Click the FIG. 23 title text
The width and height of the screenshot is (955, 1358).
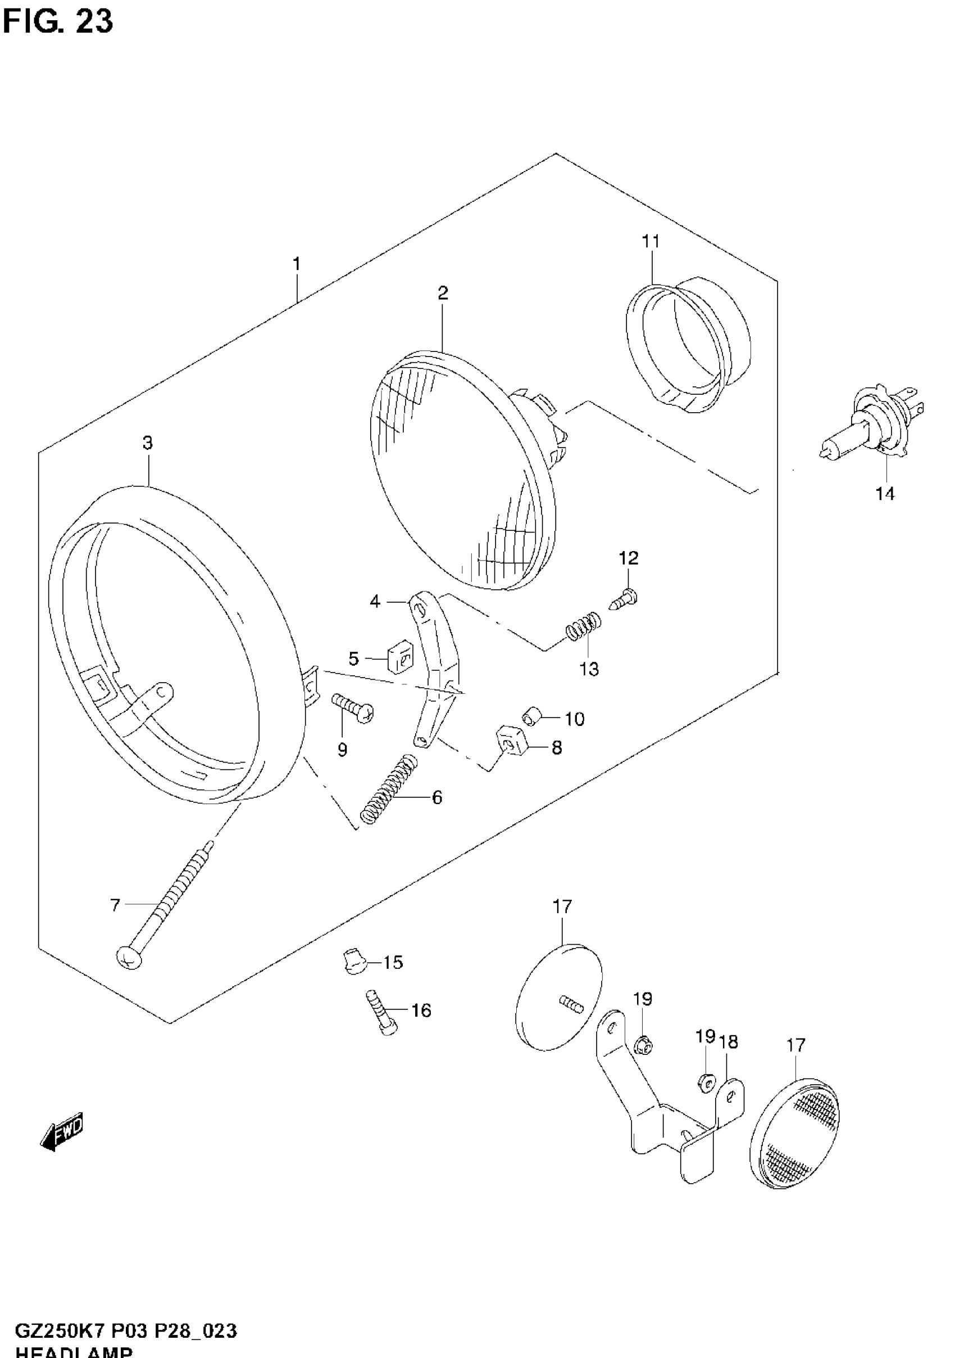[57, 22]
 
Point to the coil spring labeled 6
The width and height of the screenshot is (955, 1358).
[389, 788]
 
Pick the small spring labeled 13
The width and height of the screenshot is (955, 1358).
[583, 626]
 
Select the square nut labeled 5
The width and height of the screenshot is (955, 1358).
[399, 658]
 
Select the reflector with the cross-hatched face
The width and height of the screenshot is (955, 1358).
[794, 1133]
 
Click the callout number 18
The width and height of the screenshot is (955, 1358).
[729, 1043]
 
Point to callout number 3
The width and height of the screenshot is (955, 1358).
[147, 443]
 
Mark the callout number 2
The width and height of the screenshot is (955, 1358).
[443, 293]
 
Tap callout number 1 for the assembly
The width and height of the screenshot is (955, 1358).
[297, 264]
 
